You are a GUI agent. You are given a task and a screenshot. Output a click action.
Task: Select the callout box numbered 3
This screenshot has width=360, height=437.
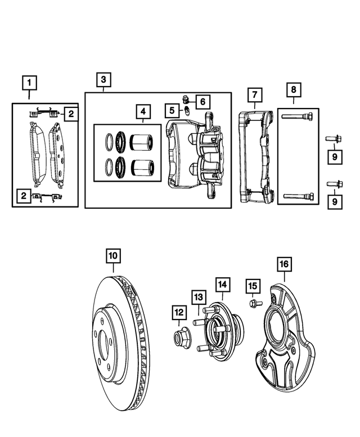(x=103, y=80)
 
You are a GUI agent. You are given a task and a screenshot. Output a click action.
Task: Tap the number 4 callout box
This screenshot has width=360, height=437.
(x=143, y=111)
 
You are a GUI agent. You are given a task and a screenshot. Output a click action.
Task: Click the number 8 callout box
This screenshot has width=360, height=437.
(x=293, y=89)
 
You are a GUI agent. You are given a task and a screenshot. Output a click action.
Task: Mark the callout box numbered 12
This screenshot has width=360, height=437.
(x=179, y=312)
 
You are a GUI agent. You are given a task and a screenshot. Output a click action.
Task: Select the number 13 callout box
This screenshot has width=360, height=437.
(x=198, y=297)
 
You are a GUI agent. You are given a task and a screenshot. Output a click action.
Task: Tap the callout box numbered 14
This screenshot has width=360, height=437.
(x=222, y=285)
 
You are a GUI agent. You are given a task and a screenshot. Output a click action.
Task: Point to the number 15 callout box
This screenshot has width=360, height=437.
(x=252, y=287)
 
